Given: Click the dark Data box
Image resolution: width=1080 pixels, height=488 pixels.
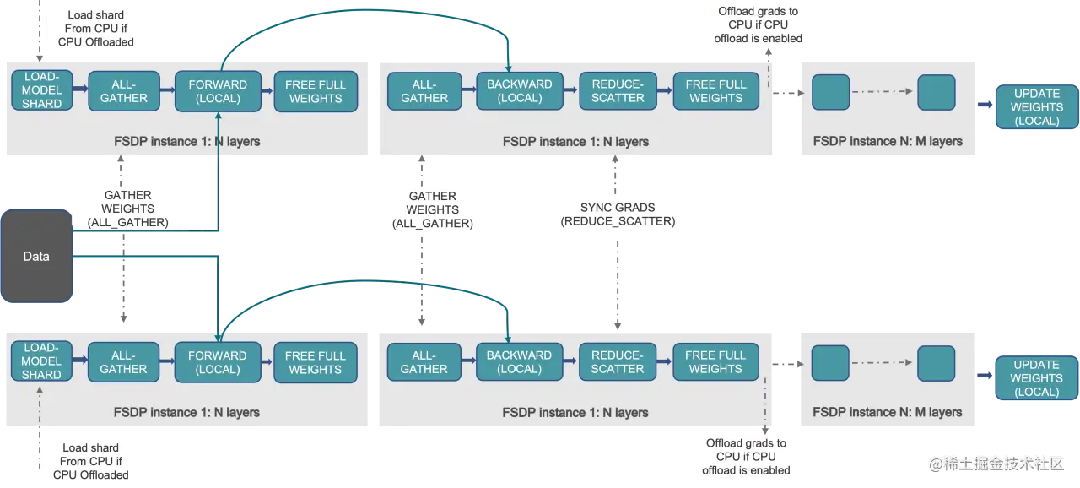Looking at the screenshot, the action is tap(36, 256).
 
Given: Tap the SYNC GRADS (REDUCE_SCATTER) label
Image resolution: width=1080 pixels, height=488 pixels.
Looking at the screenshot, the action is tap(618, 214).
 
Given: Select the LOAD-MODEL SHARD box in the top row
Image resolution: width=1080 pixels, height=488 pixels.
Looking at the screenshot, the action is tap(42, 90).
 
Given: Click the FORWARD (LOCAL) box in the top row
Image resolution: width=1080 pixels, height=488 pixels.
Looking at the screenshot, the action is tap(218, 91).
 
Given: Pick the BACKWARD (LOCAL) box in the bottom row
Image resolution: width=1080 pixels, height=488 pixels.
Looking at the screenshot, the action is tap(519, 362).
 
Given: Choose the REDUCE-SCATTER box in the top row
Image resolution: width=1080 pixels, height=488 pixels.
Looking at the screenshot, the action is tap(618, 91).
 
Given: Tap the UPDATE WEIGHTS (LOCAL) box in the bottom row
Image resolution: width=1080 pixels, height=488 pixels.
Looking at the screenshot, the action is tap(1037, 378).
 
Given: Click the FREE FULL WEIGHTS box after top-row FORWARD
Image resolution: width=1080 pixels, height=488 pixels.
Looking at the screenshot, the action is tap(316, 92).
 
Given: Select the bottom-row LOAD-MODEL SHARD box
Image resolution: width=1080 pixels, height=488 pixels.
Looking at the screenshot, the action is tap(41, 361).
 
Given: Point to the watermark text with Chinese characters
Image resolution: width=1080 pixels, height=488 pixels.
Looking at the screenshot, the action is tap(996, 464).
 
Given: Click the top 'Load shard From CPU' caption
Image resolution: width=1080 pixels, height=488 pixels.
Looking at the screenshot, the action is tap(95, 29).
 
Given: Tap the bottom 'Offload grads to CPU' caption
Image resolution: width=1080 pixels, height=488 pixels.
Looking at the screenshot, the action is tap(746, 457).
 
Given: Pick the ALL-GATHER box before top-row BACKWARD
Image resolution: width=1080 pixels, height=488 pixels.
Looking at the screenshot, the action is tap(424, 91).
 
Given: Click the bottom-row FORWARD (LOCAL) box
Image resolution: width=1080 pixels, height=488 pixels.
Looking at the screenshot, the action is tap(218, 362).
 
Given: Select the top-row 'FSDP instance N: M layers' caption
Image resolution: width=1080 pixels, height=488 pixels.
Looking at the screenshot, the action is tap(888, 141).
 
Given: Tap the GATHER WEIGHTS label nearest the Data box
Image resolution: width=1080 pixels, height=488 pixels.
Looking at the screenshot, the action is tap(127, 209).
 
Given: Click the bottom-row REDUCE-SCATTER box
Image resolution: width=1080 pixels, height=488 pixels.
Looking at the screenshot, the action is tap(618, 362).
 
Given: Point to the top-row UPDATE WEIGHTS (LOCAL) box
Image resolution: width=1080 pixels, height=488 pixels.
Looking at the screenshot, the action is tap(1037, 107).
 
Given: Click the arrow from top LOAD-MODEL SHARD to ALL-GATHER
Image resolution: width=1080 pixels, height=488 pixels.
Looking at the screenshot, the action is tap(80, 89).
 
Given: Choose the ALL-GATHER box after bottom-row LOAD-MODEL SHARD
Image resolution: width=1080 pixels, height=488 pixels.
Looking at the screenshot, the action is tap(123, 362).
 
